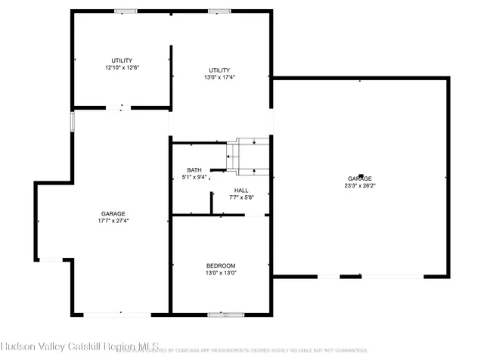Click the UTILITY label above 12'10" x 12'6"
pyautogui.click(x=122, y=60)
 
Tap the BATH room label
pyautogui.click(x=194, y=170)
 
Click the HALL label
pyautogui.click(x=241, y=191)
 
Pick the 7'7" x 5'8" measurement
pyautogui.click(x=241, y=198)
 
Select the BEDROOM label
pyautogui.click(x=221, y=265)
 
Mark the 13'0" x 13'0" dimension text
pyautogui.click(x=221, y=273)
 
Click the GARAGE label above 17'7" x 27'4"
pyautogui.click(x=113, y=214)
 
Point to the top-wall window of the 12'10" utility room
pyautogui.click(x=126, y=11)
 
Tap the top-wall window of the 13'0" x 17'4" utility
pyautogui.click(x=220, y=11)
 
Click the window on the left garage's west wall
pyautogui.click(x=73, y=121)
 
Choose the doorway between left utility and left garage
pyautogui.click(x=119, y=108)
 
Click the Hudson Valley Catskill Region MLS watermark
pyautogui.click(x=79, y=348)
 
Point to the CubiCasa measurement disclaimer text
pyautogui.click(x=242, y=351)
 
